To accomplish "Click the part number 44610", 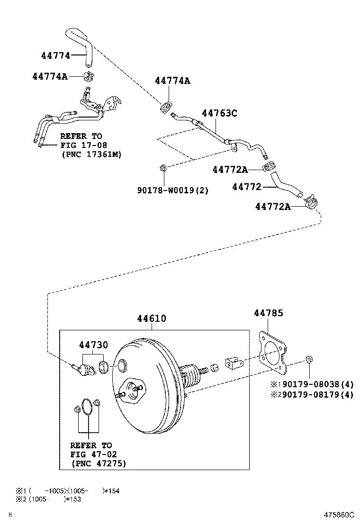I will point(152,319).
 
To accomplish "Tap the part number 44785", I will point(268,313).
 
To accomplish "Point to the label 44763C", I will point(219,113).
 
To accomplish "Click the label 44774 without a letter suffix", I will point(55,55).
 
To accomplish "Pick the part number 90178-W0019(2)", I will point(173,190).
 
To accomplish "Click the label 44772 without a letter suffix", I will point(247,187).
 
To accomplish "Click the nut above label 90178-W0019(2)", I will point(162,167).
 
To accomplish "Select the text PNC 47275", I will point(99,463).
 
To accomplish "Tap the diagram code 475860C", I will point(339,515).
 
